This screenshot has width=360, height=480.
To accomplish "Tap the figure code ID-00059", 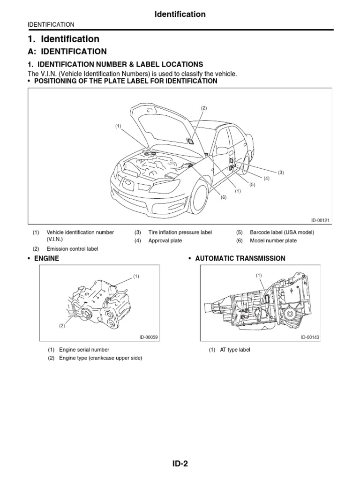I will tap(149, 337).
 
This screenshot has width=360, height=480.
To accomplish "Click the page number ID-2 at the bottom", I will tap(180, 464).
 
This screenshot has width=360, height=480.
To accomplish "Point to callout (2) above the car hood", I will tap(203, 108).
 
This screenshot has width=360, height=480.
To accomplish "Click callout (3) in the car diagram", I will tap(281, 172).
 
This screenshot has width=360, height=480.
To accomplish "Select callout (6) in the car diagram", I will tap(224, 197).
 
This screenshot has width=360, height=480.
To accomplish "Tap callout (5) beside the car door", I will tap(252, 184).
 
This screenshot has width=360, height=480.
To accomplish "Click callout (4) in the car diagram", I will tap(266, 179).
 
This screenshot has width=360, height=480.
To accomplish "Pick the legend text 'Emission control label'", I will tap(72, 249).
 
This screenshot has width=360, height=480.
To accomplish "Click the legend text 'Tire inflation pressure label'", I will tap(180, 232).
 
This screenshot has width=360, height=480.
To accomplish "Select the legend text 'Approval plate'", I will tap(165, 241).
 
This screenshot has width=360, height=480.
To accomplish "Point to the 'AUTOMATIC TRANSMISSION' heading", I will tap(240, 258).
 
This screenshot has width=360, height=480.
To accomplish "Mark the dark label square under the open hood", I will tap(191, 140).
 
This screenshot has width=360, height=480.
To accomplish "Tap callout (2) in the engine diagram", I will tap(61, 326).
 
